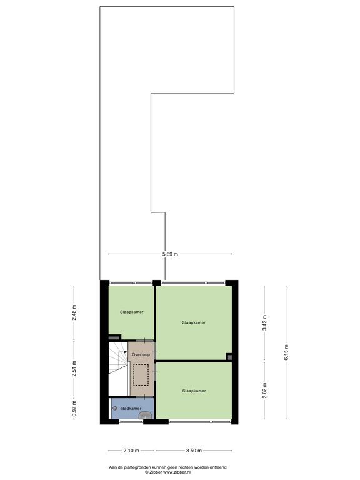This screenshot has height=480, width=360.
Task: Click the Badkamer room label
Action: [131, 409]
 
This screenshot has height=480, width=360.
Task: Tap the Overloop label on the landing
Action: [141, 354]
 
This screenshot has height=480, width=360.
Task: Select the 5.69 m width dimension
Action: [170, 254]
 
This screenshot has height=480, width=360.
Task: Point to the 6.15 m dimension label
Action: [286, 352]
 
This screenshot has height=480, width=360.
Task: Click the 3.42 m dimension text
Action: [265, 322]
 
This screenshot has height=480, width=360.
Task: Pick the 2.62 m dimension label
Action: [265, 391]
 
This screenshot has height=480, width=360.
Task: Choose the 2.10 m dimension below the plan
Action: [131, 451]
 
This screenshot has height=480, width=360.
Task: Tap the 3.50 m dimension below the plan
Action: [194, 451]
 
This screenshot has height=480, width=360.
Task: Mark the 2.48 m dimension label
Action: [74, 312]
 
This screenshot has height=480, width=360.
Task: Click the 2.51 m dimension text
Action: [74, 369]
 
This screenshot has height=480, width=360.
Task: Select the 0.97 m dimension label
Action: [74, 409]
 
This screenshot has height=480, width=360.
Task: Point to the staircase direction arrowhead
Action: [126, 352]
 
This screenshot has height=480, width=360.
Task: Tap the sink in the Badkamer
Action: [145, 416]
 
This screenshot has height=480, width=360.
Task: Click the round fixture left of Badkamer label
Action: [115, 408]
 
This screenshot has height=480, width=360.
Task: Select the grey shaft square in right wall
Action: [229, 357]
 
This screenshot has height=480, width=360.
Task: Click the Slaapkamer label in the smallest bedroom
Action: [132, 312]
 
